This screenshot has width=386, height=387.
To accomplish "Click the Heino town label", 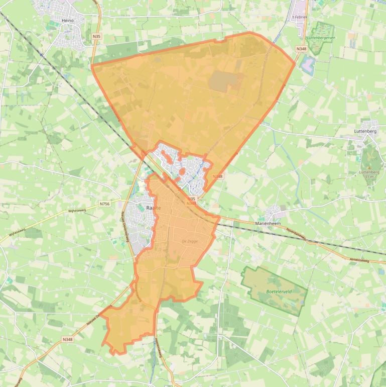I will (67, 21).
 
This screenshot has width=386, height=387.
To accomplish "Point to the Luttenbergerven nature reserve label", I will (321, 37).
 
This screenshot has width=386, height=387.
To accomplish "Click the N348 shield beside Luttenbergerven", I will (301, 49).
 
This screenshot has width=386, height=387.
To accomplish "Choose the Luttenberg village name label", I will (365, 131).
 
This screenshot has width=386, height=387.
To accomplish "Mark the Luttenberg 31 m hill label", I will (369, 174).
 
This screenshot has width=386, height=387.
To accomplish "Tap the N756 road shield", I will (104, 204).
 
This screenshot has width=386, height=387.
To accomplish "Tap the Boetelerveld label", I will (275, 291).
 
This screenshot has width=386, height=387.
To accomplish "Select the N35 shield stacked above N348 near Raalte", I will (191, 199).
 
